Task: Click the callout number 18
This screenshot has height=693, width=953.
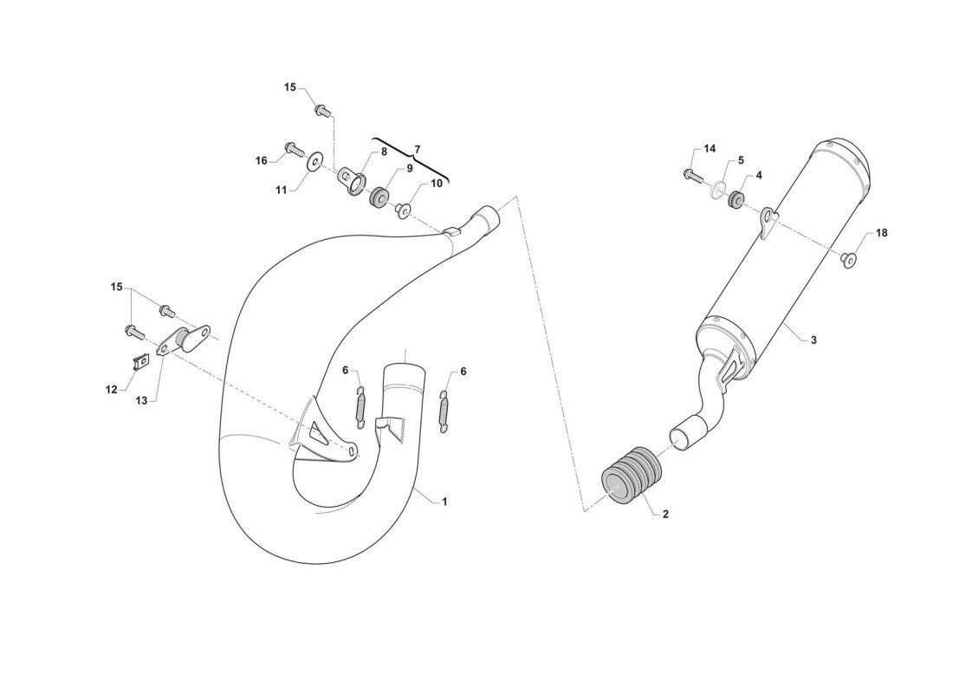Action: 881,233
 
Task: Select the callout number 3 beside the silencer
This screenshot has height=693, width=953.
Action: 814,340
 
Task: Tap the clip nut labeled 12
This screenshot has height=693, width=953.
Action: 141,363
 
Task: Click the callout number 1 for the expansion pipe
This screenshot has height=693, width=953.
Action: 444,502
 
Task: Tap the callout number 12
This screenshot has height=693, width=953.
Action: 111,390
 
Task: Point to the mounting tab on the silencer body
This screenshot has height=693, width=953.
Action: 769,220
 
